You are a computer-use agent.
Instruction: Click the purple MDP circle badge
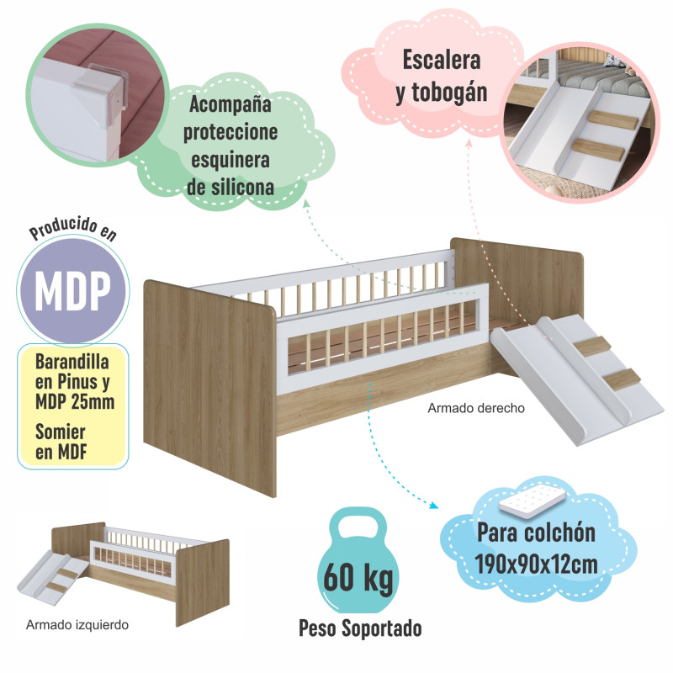[x=73, y=289]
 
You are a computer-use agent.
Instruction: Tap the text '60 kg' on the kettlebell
[x=358, y=578]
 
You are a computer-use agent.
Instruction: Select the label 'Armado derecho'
[x=476, y=408]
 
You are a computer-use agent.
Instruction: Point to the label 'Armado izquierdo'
[x=77, y=624]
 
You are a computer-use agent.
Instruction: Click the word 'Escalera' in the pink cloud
[x=441, y=60]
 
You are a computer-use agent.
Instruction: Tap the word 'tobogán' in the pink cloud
[x=449, y=93]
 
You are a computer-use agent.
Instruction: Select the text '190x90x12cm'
[x=536, y=564]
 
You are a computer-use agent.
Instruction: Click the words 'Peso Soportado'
[x=360, y=628]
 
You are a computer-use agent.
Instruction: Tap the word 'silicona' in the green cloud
[x=241, y=188]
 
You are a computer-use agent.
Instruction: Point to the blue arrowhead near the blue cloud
[x=433, y=506]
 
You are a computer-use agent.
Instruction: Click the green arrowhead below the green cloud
[x=306, y=203]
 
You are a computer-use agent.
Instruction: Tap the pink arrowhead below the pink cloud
[x=469, y=143]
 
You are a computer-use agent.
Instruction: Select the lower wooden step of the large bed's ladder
[x=622, y=379]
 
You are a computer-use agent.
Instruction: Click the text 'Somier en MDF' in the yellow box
[x=61, y=442]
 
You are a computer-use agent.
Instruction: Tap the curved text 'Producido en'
[x=73, y=229]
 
